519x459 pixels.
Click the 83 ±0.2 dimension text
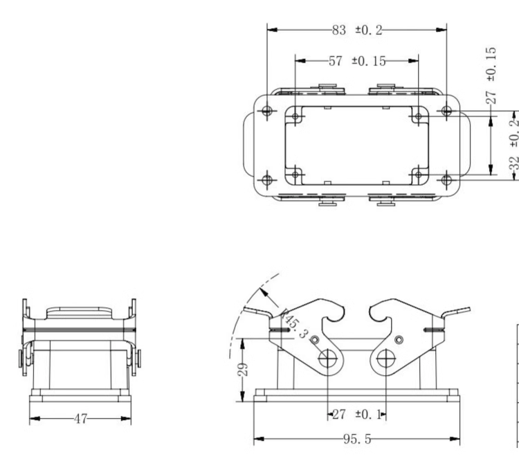click(x=357, y=30)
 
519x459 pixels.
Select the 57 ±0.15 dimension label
click(x=357, y=61)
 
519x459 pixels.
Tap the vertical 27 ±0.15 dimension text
click(x=491, y=75)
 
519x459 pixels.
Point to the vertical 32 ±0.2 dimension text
click(x=513, y=145)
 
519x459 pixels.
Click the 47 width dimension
click(x=80, y=419)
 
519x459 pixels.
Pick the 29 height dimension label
click(x=243, y=370)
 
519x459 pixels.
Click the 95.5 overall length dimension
click(x=357, y=439)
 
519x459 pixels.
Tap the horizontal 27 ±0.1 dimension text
click(x=357, y=414)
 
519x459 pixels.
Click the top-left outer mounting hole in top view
click(x=267, y=111)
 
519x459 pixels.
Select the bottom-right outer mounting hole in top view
click(x=446, y=180)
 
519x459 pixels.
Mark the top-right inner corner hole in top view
click(x=419, y=116)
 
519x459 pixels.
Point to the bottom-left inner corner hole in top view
click(x=295, y=174)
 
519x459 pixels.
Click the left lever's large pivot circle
click(x=328, y=358)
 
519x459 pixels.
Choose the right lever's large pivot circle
click(x=386, y=358)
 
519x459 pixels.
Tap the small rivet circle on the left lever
click(x=315, y=340)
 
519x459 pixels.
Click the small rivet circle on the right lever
click(x=399, y=340)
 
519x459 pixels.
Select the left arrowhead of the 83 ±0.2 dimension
click(x=272, y=30)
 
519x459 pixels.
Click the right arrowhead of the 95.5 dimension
click(x=455, y=439)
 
